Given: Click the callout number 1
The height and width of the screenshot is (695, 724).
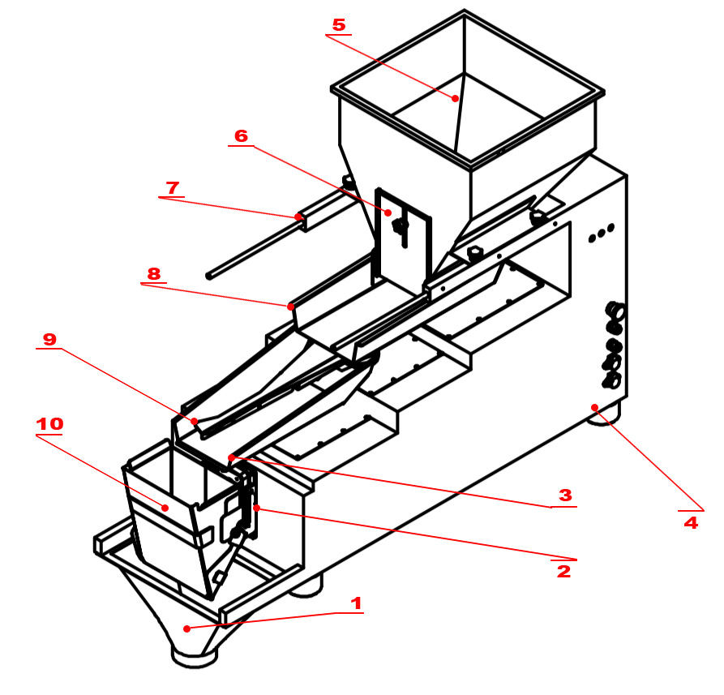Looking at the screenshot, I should point(356,603).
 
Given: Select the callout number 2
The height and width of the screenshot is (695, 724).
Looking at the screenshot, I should point(563,571).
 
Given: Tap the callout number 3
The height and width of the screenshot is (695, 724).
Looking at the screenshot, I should point(565,495).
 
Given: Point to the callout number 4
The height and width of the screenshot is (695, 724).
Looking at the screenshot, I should point(691,523).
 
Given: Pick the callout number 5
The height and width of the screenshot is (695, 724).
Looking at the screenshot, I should point(339,25).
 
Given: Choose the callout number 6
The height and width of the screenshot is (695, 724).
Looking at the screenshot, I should point(241,135).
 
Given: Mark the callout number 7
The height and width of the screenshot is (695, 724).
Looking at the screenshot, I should point(172,187).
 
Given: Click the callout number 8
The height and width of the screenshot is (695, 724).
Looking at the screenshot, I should point(153,273).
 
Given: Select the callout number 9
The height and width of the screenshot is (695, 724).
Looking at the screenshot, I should point(49,339).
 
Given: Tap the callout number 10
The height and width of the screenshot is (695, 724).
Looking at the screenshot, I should point(49,424).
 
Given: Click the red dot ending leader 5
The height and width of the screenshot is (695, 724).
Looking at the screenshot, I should point(456,98).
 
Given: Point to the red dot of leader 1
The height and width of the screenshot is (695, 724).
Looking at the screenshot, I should point(186,629).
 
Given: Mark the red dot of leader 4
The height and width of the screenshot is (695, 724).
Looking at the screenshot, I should point(594,407).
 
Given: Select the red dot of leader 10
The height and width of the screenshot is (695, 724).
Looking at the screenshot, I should point(165,508).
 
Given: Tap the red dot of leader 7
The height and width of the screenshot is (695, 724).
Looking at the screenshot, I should point(298,217).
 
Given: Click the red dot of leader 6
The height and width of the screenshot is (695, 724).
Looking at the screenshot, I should point(388,212).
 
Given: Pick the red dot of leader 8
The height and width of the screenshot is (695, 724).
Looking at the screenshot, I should point(290,307).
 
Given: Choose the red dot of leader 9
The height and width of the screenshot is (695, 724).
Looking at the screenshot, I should point(195,422).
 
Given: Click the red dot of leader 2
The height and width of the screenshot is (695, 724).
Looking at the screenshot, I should point(256,508).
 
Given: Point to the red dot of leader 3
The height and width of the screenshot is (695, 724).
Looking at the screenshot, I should point(231,457).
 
